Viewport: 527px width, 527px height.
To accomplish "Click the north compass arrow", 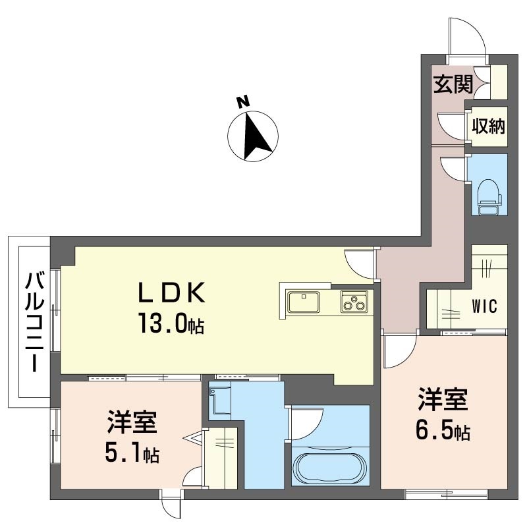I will tap(254, 138).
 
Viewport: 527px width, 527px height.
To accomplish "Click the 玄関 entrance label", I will tap(453, 84).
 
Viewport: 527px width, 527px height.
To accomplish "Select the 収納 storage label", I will tap(488, 125).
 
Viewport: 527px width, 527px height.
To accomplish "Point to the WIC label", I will tap(484, 307).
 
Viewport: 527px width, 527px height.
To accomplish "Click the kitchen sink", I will tap(304, 302).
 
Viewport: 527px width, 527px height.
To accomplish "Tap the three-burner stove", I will tap(354, 302).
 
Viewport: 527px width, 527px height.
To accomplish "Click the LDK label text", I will tap(173, 292).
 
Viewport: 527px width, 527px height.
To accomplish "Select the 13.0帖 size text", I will tap(171, 324).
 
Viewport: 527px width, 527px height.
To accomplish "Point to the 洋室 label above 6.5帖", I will tap(441, 401).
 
